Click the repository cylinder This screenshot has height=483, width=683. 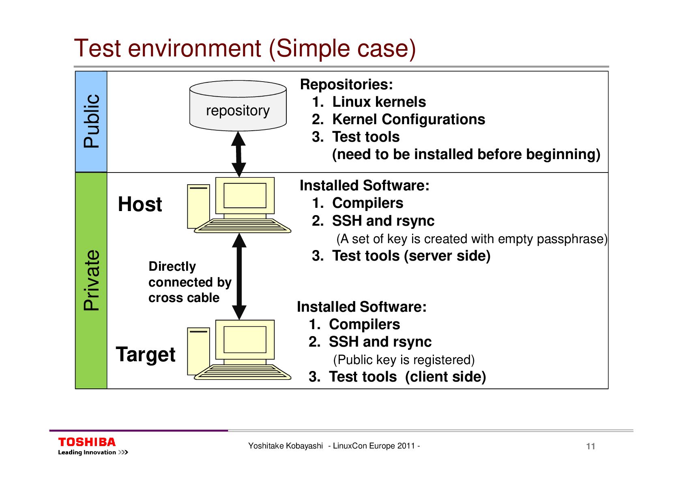pyautogui.click(x=238, y=106)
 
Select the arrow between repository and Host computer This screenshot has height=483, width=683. pyautogui.click(x=239, y=154)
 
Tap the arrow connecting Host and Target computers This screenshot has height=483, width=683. pyautogui.click(x=239, y=276)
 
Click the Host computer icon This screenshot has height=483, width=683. pyautogui.click(x=239, y=205)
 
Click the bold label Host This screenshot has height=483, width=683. pyautogui.click(x=140, y=204)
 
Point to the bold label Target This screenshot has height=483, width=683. pyautogui.click(x=146, y=355)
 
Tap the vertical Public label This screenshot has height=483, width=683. pyautogui.click(x=91, y=121)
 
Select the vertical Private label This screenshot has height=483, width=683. pyautogui.click(x=91, y=280)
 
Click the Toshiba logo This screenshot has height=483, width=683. pyautogui.click(x=87, y=442)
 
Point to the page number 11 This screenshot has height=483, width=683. pyautogui.click(x=591, y=446)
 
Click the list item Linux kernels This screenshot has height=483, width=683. pyautogui.click(x=379, y=102)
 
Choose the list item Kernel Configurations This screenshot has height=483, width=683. pyautogui.click(x=408, y=119)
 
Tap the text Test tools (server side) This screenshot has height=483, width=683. pyautogui.click(x=411, y=256)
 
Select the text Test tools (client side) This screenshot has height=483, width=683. pyautogui.click(x=407, y=377)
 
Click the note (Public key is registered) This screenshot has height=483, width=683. pyautogui.click(x=404, y=360)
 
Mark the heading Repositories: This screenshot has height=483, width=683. pyautogui.click(x=346, y=84)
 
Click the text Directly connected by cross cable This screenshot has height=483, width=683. pyautogui.click(x=189, y=282)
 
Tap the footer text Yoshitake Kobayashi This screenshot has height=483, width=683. pyautogui.click(x=286, y=446)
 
